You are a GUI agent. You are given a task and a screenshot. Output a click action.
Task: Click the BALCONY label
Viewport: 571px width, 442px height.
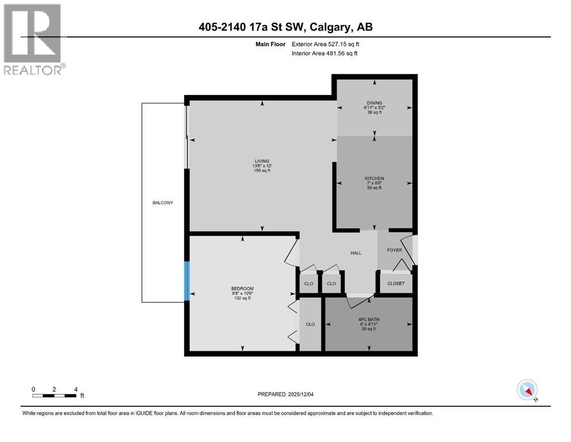163,203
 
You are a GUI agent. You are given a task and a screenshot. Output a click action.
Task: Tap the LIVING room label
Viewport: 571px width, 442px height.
262,161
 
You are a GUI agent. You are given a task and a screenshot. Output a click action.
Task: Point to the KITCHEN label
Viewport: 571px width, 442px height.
374,178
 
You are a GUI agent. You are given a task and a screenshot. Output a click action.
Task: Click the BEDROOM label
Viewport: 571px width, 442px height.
242,288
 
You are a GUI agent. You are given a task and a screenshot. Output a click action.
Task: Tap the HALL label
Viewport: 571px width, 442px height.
356,253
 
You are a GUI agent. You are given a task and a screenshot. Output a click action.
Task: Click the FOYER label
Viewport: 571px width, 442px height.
394,250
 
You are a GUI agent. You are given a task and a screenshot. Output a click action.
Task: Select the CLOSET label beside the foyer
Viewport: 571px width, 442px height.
396,283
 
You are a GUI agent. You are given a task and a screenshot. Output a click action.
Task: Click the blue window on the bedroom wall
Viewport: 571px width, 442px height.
186,281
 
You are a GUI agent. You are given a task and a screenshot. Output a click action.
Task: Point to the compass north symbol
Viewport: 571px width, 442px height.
527,390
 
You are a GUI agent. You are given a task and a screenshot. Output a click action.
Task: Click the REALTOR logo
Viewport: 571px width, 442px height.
33,39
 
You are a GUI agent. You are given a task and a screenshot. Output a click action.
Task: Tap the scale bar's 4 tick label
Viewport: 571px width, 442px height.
75,389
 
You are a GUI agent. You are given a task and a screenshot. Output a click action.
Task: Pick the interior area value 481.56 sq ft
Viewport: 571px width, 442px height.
342,54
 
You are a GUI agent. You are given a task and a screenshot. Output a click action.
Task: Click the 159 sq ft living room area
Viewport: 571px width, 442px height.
262,171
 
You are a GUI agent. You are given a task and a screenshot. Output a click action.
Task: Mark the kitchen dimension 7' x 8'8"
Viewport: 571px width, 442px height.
374,183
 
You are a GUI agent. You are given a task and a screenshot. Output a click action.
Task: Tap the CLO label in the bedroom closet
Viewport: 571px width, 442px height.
311,324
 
